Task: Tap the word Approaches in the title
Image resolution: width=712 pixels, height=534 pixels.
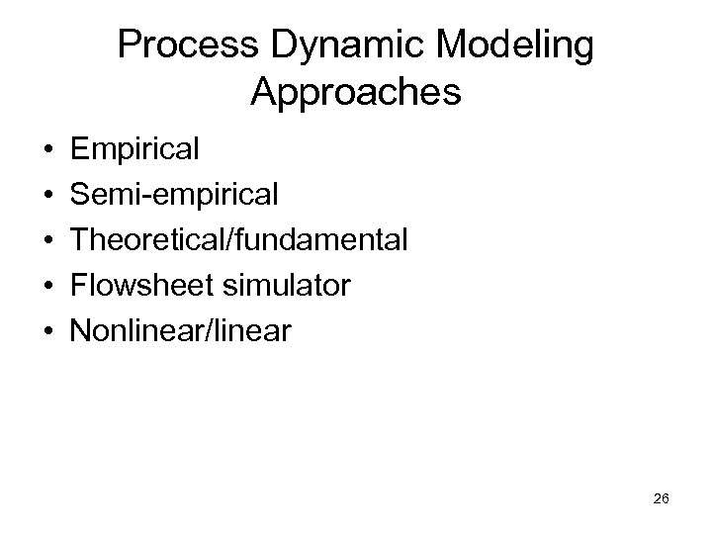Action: tap(355, 93)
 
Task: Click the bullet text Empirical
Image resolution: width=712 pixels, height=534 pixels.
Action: tap(134, 150)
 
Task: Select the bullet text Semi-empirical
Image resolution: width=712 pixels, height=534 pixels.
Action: tap(173, 195)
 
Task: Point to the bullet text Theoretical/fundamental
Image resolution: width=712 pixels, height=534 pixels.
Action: tap(237, 240)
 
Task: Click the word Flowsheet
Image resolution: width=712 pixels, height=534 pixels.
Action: tap(141, 286)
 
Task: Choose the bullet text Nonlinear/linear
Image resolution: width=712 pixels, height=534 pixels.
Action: tap(180, 331)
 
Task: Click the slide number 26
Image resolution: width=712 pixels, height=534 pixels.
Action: tap(662, 499)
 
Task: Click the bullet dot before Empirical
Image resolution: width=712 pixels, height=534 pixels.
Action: tap(47, 151)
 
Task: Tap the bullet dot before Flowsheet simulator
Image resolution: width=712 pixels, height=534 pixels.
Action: tap(47, 287)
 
